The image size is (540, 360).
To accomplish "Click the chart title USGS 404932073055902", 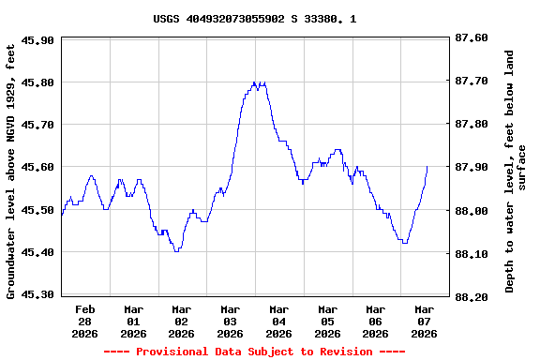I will point(254,19).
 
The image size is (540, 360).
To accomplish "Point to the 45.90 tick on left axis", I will point(37,39).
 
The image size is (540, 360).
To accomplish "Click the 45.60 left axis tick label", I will point(37,167).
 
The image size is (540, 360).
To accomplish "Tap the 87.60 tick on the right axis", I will point(470,37).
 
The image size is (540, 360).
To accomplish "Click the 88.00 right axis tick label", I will point(470,211).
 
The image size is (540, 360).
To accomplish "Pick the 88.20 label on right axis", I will point(470,296).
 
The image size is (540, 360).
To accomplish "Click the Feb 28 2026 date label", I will point(85,321).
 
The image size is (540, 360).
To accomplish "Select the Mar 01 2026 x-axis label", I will point(134,321).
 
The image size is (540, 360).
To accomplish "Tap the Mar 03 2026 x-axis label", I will point(231,321).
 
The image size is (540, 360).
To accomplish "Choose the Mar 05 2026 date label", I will point(327,321).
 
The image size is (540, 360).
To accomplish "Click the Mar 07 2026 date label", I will point(424,321).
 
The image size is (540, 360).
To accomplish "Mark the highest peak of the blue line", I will point(255,82).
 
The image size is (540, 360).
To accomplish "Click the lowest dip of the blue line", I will point(176,251).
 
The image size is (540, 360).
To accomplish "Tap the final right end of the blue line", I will point(427,167).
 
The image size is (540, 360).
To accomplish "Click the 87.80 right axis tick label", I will point(470,125).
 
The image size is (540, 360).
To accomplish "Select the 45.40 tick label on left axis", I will point(37,252).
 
